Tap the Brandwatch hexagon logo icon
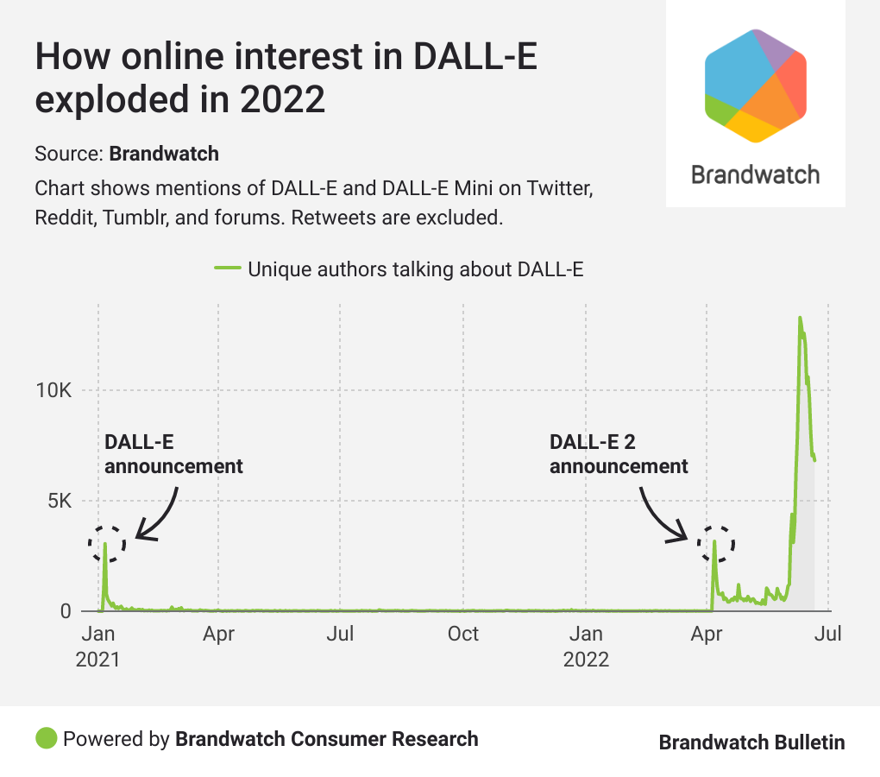pos(756,85)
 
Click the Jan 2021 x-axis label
pos(98,646)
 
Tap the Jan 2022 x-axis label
pos(586,646)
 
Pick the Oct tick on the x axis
pos(463,634)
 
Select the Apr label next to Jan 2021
pos(219,634)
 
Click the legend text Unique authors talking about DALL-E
pos(416,268)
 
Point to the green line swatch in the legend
pos(226,268)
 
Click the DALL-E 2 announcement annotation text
pos(619,454)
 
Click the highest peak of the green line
pos(800,318)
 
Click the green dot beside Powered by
pos(47,738)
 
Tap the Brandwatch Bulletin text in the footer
pos(751,742)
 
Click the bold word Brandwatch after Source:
pos(164,154)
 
